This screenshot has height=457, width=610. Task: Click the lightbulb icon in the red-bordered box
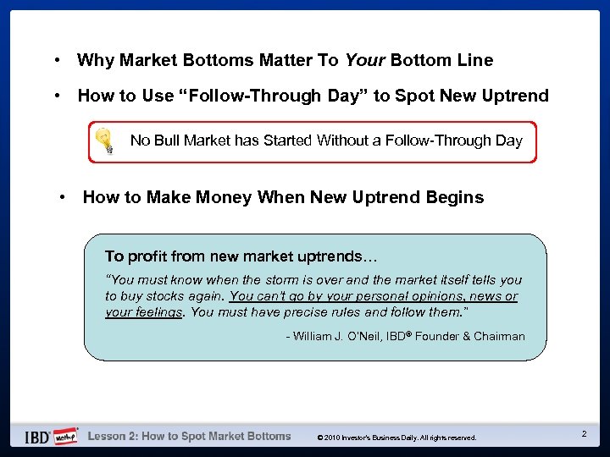(x=104, y=141)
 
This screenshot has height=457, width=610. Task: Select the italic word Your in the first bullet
(x=365, y=60)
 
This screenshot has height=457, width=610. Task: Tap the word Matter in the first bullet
(x=285, y=60)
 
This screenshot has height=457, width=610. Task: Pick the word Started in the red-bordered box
(x=286, y=140)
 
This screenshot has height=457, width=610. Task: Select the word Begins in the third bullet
(x=457, y=197)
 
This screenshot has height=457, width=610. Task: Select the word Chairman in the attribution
(x=499, y=337)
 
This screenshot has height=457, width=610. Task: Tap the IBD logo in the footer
(x=36, y=437)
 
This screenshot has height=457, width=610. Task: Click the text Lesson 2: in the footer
(x=113, y=437)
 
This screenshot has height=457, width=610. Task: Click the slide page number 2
(x=584, y=434)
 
